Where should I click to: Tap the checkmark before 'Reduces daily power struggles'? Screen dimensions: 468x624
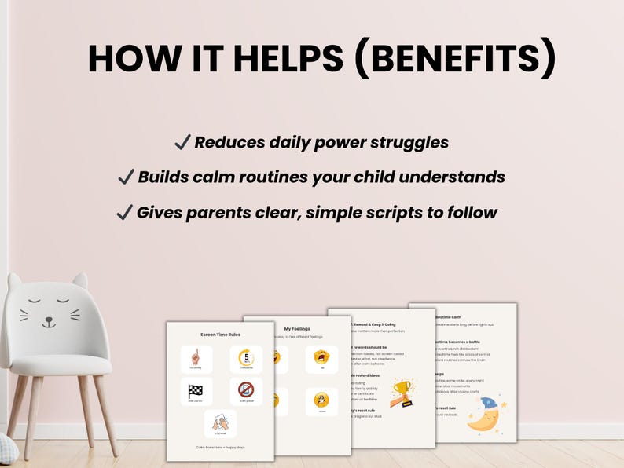(182, 142)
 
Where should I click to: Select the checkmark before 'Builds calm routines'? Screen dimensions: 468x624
(126, 177)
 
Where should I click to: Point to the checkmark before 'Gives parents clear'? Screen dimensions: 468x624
(124, 212)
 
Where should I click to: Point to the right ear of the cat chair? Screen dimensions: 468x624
(79, 280)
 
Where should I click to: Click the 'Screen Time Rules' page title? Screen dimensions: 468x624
(219, 333)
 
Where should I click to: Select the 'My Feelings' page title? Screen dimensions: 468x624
(298, 329)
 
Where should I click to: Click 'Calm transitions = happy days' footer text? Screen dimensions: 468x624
(219, 447)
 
